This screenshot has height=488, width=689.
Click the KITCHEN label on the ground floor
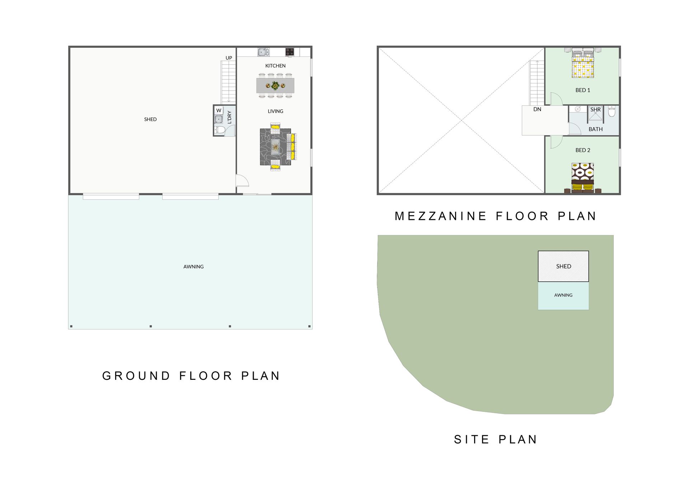(x=275, y=66)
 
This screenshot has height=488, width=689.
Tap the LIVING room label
(x=275, y=111)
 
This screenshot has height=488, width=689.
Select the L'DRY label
(x=229, y=117)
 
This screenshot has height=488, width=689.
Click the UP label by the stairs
(x=229, y=58)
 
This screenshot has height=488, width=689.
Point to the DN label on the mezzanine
(x=537, y=109)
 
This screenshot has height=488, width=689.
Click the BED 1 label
(x=583, y=90)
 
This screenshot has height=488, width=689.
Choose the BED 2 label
(x=583, y=150)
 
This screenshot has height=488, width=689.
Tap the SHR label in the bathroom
(x=595, y=110)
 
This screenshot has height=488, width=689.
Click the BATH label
(x=595, y=129)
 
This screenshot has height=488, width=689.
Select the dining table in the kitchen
(x=275, y=86)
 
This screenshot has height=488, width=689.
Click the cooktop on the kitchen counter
(x=290, y=52)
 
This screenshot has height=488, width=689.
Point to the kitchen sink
(x=263, y=52)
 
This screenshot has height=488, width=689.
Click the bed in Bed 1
(x=583, y=63)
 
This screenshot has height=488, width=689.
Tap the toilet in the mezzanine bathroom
(x=612, y=111)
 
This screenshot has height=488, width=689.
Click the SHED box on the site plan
(x=563, y=266)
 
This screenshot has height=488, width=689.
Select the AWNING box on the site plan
(x=563, y=296)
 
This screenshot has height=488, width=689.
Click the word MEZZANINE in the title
(x=441, y=216)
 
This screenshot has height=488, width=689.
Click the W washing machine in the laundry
(x=219, y=110)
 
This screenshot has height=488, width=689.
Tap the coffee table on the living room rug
(x=275, y=147)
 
